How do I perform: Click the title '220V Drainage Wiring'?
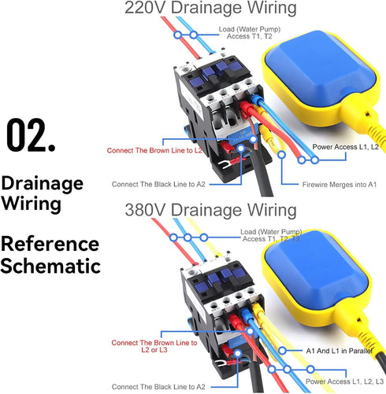tap(210, 8)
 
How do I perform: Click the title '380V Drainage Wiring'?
tap(210, 210)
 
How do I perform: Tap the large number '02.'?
tap(31, 135)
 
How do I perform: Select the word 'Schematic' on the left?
tap(50, 266)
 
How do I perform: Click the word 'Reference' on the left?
tap(50, 244)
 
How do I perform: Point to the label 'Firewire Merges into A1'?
tap(340, 185)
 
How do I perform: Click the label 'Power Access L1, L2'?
tap(345, 147)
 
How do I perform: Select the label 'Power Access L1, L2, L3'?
tap(344, 381)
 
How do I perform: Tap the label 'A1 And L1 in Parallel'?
tap(340, 351)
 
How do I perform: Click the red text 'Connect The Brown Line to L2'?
tap(154, 150)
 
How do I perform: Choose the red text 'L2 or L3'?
tap(154, 350)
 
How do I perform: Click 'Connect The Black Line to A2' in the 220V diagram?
tap(158, 184)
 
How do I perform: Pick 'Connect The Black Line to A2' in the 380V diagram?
tap(158, 387)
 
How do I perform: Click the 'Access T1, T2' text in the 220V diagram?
tap(250, 36)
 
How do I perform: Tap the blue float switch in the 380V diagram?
tap(317, 277)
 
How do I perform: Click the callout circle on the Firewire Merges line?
tap(281, 155)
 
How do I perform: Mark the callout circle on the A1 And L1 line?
tap(282, 351)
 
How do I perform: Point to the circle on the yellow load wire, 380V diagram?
tap(203, 238)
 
